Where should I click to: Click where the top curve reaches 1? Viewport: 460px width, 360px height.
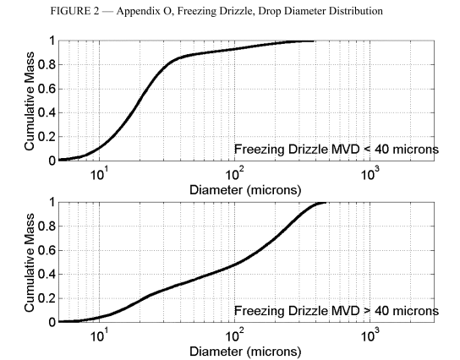coord(313,41)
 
